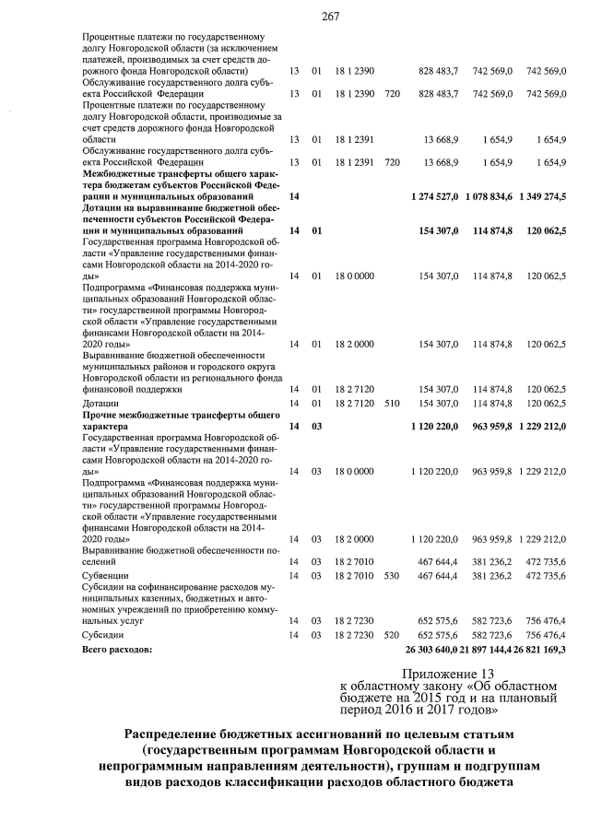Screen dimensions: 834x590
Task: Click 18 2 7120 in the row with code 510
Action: pos(354,403)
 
